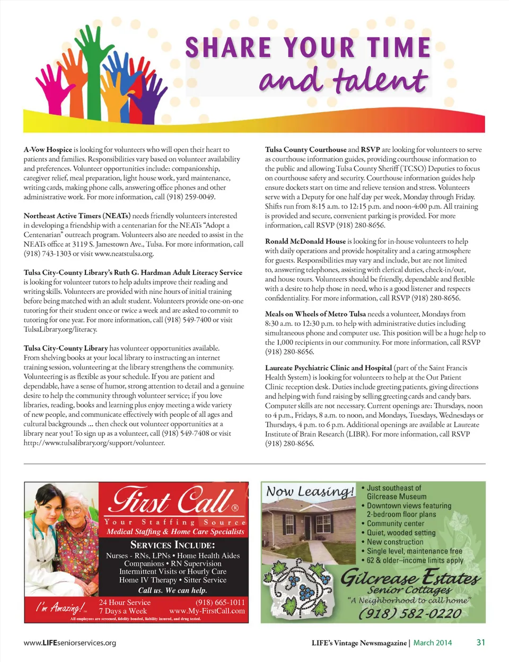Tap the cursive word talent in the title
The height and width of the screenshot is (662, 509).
point(380,80)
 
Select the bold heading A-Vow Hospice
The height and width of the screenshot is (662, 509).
point(48,150)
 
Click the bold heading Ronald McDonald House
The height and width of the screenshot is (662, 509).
point(305,241)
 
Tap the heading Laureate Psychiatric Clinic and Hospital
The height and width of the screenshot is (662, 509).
point(328,368)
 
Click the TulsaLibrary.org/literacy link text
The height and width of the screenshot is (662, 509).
point(60,329)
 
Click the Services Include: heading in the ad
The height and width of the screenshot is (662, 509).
point(172,545)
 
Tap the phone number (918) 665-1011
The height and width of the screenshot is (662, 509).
point(220,602)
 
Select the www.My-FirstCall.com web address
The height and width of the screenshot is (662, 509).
point(207,611)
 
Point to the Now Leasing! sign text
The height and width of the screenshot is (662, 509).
point(310,491)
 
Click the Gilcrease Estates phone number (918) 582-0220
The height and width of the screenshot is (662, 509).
point(410,613)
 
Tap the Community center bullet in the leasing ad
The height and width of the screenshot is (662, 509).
point(396,523)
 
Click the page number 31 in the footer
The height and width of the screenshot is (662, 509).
point(480,642)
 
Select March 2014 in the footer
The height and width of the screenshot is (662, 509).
point(433,643)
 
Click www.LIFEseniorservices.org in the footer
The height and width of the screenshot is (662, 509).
point(70,643)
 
